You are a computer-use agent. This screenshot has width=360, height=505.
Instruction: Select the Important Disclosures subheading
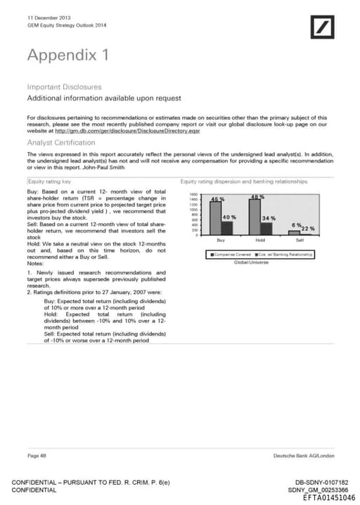pyautogui.click(x=64, y=87)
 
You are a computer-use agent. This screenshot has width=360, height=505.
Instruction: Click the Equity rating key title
pyautogui.click(x=49, y=181)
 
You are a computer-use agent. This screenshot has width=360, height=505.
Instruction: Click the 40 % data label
pyautogui.click(x=230, y=217)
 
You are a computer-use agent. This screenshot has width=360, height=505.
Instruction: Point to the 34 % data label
pyautogui.click(x=269, y=218)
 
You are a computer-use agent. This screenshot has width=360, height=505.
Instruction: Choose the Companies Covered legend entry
pyautogui.click(x=233, y=254)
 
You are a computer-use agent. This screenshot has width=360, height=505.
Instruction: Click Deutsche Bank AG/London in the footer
pyautogui.click(x=304, y=456)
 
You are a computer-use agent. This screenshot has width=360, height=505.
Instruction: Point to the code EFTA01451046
pyautogui.click(x=328, y=497)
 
